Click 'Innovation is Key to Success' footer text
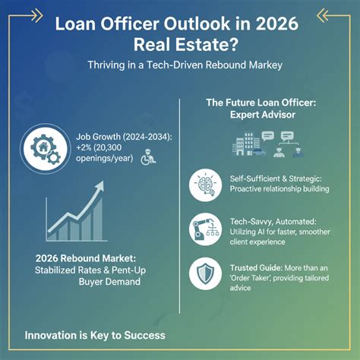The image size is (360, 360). click(94, 334)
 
